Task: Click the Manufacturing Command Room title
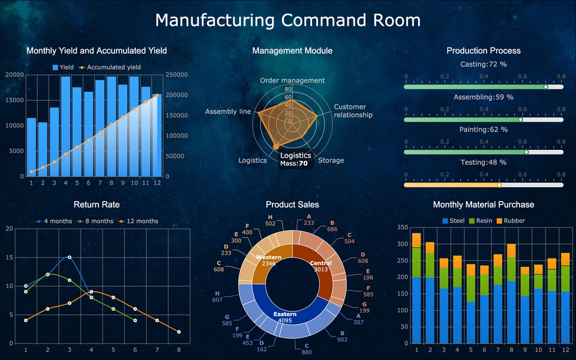coord(288,20)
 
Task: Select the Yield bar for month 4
coord(65,126)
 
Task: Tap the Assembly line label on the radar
coord(228,112)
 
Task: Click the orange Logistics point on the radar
coord(276,146)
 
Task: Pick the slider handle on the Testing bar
coord(499,185)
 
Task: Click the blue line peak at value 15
coord(69,257)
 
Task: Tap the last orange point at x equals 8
coord(179,332)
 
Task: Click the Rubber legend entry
coord(510,221)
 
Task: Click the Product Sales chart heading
coord(292,205)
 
